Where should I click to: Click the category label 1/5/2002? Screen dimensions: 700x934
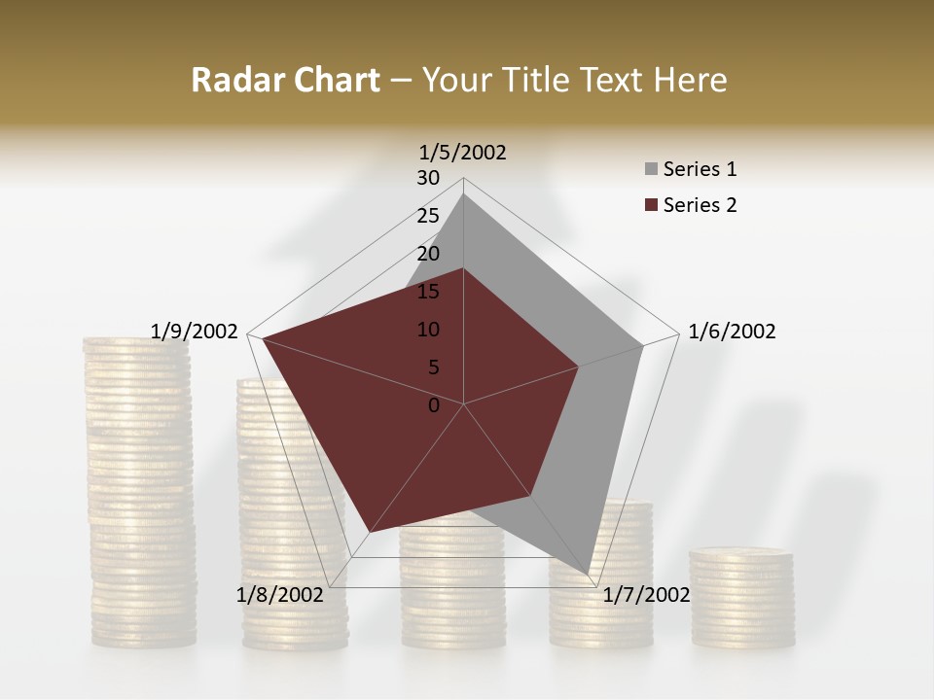[463, 152]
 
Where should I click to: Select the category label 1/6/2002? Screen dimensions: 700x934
[732, 332]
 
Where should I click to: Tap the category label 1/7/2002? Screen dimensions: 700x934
[646, 595]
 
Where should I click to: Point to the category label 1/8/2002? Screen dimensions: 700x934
[279, 595]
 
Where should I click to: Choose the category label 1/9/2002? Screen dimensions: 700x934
[195, 332]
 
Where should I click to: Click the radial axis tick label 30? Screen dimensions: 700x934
[428, 178]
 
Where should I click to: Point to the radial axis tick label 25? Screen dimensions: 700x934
[428, 216]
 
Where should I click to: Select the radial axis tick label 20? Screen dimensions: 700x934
[428, 254]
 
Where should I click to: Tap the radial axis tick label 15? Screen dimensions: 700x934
[428, 292]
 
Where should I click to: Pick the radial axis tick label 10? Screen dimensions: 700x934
[428, 330]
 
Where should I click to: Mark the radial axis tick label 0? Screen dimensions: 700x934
[434, 405]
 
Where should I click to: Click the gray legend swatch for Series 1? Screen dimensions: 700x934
[651, 170]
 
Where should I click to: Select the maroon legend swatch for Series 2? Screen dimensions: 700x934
[651, 205]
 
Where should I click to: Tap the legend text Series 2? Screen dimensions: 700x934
[700, 205]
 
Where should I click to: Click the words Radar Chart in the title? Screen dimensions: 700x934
[285, 81]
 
